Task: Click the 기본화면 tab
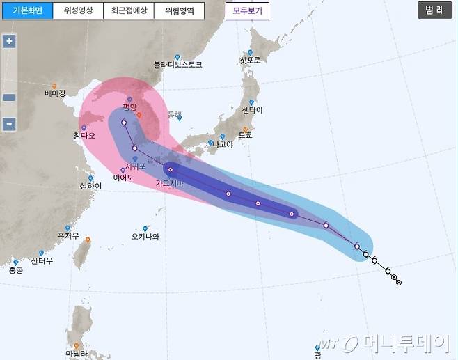click(x=26, y=11)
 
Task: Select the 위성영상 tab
click(x=77, y=11)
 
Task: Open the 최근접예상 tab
click(x=129, y=11)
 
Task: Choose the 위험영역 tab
click(x=180, y=11)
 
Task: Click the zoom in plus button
click(x=9, y=41)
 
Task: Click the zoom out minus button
click(x=9, y=125)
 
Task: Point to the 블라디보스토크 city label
click(x=178, y=65)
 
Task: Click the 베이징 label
click(x=54, y=93)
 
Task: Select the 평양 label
click(x=129, y=107)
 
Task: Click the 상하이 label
click(x=90, y=186)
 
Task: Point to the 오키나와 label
click(x=145, y=236)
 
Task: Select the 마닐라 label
click(x=77, y=354)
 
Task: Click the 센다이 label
click(x=253, y=110)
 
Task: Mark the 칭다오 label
click(x=86, y=136)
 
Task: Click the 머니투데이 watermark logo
click(x=386, y=343)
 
